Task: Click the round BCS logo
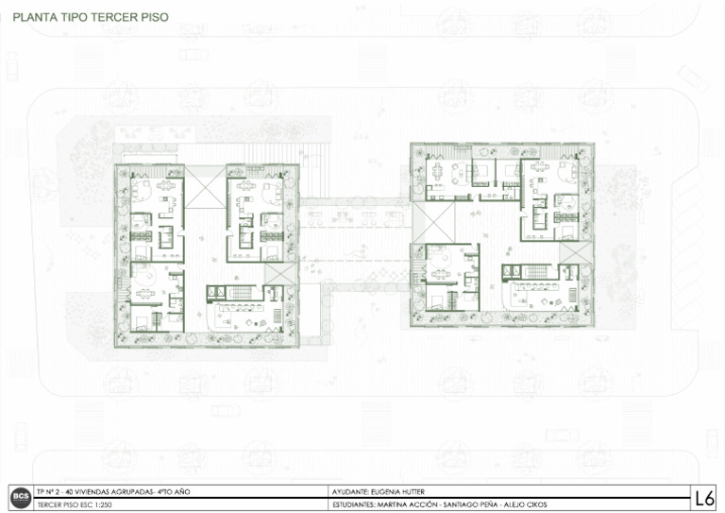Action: tap(21, 498)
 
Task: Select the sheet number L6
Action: tap(703, 498)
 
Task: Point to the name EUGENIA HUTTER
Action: tap(397, 491)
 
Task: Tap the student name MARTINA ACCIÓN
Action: tap(407, 504)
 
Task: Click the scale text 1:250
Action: tap(102, 504)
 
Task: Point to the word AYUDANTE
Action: tap(350, 491)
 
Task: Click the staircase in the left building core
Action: tap(241, 292)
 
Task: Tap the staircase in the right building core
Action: tap(536, 271)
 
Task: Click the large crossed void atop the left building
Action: tap(205, 187)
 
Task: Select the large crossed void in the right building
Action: tap(433, 223)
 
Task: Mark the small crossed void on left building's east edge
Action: tap(280, 274)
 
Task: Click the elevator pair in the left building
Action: tap(215, 292)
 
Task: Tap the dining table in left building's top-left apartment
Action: tap(165, 185)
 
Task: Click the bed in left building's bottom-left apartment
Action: tap(141, 322)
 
